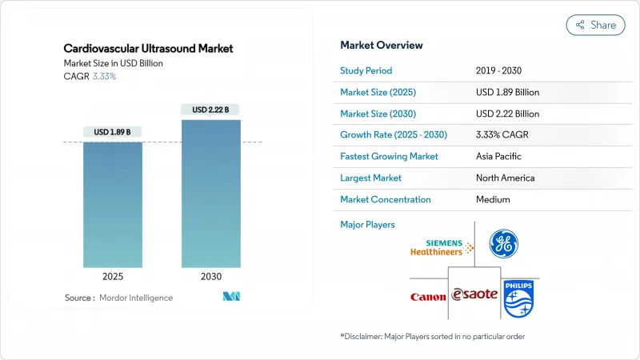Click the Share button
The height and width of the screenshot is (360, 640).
click(x=595, y=25)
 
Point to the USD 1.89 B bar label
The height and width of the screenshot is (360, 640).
click(x=114, y=132)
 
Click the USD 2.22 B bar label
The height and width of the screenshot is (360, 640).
click(x=211, y=110)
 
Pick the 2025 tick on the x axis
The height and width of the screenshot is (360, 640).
click(x=114, y=276)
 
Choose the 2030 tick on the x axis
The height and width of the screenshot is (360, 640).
click(x=211, y=276)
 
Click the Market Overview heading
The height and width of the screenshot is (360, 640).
click(x=382, y=45)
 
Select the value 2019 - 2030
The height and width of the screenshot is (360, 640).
click(x=502, y=70)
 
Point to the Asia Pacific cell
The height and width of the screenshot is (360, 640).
click(x=501, y=156)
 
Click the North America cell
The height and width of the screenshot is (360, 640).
click(x=505, y=178)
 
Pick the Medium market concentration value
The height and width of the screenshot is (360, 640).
click(x=492, y=199)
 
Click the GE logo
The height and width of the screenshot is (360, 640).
click(x=503, y=243)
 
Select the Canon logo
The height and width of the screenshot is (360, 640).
click(x=428, y=297)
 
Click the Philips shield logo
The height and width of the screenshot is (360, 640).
click(x=518, y=296)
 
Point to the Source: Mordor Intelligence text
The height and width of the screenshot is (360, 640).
click(x=118, y=298)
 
